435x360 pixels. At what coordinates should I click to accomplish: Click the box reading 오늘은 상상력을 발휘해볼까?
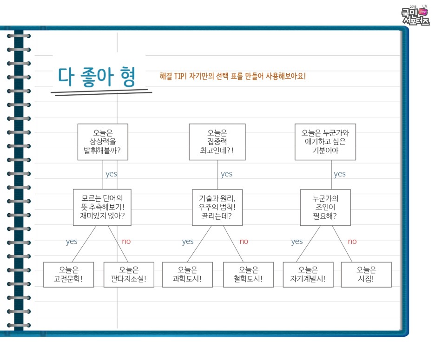(x=102, y=142)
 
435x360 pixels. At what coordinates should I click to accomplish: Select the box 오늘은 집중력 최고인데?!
(x=217, y=142)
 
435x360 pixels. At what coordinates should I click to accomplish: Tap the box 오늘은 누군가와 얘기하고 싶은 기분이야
(x=325, y=142)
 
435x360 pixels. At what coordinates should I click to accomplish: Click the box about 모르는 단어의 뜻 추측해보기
(x=102, y=207)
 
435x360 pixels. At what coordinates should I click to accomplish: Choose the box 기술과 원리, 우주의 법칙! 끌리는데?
(x=217, y=207)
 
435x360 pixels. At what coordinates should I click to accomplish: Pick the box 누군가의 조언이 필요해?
(x=325, y=207)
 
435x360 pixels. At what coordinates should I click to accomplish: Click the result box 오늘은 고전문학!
(x=68, y=275)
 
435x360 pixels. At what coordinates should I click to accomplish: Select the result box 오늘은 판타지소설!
(x=129, y=275)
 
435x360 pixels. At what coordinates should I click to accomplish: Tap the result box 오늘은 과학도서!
(x=187, y=275)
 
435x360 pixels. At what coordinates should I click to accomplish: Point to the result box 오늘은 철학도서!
(x=248, y=275)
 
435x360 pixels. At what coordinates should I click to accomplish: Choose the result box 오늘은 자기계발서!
(x=308, y=275)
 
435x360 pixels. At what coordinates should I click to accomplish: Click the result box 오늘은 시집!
(x=366, y=275)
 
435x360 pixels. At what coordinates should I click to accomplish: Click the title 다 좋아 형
(x=97, y=77)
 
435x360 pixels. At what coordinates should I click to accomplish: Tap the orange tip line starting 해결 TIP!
(x=232, y=76)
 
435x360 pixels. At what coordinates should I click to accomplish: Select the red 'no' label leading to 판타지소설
(x=126, y=242)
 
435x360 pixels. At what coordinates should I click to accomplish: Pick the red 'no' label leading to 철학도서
(x=244, y=242)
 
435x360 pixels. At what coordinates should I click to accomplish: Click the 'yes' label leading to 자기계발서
(x=297, y=242)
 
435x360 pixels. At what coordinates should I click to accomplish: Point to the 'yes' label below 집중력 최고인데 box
(x=226, y=174)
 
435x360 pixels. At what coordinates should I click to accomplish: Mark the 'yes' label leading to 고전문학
(x=72, y=242)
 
